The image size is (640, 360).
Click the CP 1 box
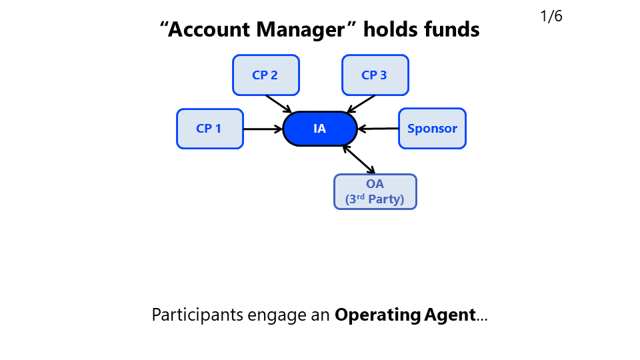pos(209,129)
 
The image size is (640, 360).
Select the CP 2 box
pos(265,75)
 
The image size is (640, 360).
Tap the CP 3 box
pos(375,75)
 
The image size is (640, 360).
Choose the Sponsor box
pos(432,129)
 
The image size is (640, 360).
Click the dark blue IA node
pos(320,129)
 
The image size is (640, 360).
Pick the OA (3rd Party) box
pos(375,191)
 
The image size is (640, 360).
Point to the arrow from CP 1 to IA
pos(263,129)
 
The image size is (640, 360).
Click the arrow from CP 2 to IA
pos(279,103)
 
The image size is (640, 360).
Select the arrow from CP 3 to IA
pos(361,103)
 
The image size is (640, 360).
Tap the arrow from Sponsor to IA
pos(378,128)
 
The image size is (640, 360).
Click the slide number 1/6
pos(551,17)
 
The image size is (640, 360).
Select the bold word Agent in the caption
pos(450,315)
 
